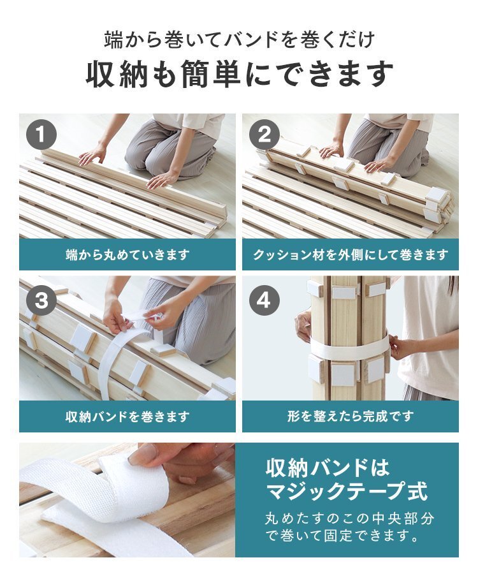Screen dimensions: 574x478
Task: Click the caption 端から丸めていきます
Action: pos(127,255)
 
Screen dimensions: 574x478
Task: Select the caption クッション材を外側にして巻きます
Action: pos(351,255)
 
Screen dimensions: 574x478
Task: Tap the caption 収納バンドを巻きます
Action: pos(127,417)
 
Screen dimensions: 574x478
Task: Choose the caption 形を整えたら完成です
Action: pos(351,417)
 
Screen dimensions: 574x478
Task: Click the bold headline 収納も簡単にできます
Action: pos(239,75)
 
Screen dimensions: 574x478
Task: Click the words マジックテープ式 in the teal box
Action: pos(346,492)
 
